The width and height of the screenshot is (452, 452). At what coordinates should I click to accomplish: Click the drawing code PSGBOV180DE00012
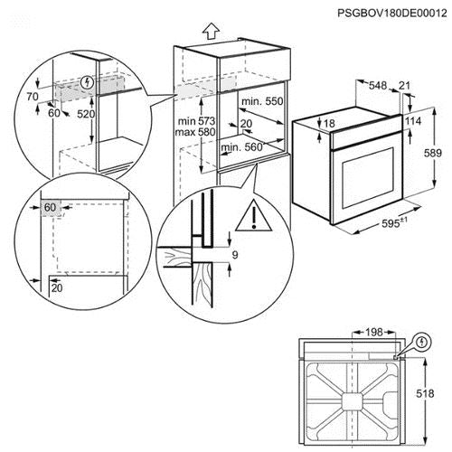(x=392, y=14)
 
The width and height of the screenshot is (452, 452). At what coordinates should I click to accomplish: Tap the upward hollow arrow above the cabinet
(x=211, y=31)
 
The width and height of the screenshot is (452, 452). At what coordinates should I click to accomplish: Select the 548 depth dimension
(x=378, y=85)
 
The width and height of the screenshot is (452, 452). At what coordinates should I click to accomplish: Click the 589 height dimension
(x=433, y=153)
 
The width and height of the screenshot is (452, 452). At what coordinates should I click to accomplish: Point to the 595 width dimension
(x=394, y=223)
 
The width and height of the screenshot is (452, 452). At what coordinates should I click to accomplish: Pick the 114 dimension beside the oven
(x=412, y=121)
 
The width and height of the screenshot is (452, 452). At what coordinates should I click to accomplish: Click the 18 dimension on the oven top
(x=329, y=123)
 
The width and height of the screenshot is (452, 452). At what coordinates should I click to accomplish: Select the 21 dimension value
(x=404, y=86)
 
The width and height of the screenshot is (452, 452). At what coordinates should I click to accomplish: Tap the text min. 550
(x=262, y=101)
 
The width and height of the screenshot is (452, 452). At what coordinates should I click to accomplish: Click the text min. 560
(x=242, y=147)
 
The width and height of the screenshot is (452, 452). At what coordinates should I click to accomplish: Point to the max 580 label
(x=195, y=132)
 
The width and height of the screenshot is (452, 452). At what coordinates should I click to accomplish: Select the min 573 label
(x=196, y=121)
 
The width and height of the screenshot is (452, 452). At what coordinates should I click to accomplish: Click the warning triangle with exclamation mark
(x=254, y=215)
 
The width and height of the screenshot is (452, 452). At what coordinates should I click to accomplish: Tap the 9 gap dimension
(x=235, y=255)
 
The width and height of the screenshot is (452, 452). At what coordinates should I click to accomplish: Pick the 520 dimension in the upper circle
(x=86, y=114)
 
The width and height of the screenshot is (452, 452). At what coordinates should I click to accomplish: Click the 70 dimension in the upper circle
(x=33, y=97)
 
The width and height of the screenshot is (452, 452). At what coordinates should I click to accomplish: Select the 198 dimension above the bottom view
(x=373, y=332)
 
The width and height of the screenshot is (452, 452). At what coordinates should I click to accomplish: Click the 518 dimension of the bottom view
(x=425, y=393)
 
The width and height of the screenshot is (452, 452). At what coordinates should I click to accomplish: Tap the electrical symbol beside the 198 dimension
(x=423, y=342)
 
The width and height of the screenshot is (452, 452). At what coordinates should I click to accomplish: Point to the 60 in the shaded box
(x=50, y=207)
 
